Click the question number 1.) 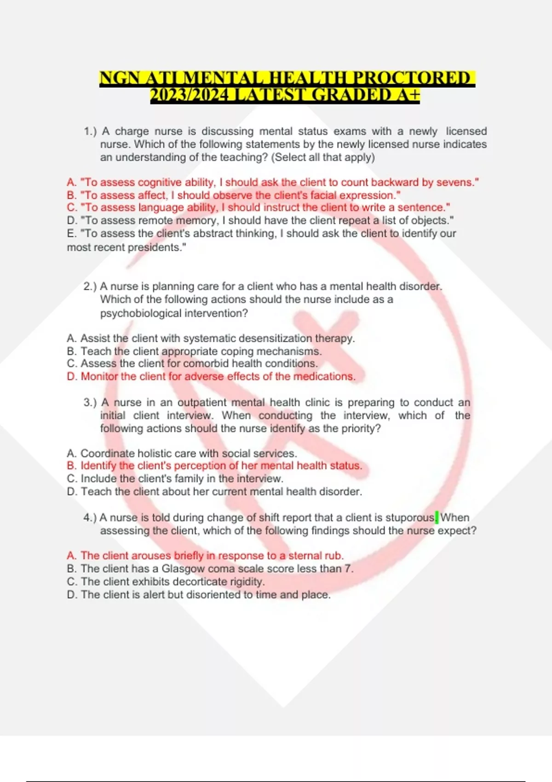point(90,132)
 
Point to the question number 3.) point(90,402)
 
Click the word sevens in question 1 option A point(454,183)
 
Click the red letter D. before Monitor point(72,377)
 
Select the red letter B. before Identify point(72,466)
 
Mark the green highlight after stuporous point(437,517)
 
